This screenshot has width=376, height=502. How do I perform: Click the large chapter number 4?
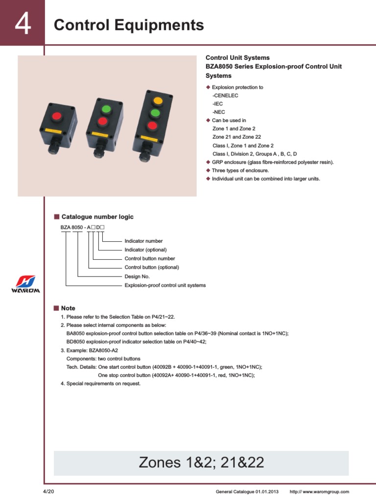click(23, 25)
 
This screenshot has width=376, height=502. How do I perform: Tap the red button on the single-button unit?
click(57, 116)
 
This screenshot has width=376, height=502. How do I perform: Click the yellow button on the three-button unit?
click(157, 101)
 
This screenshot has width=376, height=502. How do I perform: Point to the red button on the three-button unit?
click(152, 126)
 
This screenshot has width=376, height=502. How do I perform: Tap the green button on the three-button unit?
click(155, 114)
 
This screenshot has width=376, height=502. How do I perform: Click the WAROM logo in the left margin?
click(25, 284)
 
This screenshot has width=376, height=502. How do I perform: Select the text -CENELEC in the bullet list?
click(225, 96)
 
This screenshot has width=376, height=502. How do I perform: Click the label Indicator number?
click(143, 241)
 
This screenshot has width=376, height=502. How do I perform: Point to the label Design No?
click(137, 276)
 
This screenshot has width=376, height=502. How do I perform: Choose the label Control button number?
click(150, 259)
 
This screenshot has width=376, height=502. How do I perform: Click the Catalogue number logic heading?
click(97, 217)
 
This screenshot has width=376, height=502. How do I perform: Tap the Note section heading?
click(68, 308)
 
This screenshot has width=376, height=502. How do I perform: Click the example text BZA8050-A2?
click(103, 351)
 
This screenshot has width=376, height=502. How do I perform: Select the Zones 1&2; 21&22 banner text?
click(201, 462)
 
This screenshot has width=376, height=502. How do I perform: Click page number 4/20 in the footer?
click(49, 492)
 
